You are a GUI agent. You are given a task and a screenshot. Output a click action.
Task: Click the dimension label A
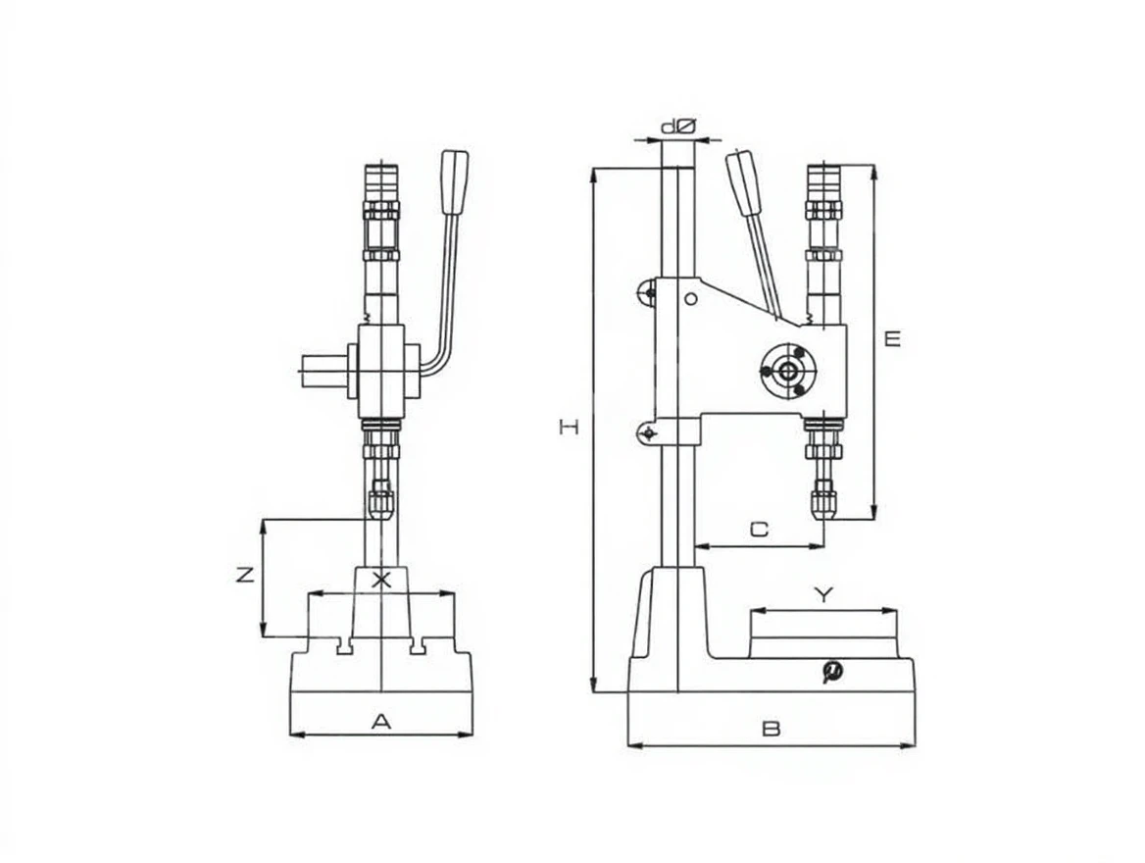tap(381, 722)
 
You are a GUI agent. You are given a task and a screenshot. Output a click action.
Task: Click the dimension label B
tap(772, 729)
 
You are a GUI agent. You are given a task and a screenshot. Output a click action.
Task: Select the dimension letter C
tap(760, 529)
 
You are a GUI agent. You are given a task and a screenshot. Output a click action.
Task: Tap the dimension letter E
tap(892, 338)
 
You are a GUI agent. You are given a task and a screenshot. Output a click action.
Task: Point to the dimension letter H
tap(569, 427)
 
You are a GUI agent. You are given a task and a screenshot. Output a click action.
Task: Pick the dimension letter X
tap(381, 581)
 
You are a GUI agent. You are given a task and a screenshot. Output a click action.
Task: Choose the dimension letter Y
tap(823, 595)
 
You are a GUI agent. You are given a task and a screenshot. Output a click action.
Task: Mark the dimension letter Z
tap(245, 575)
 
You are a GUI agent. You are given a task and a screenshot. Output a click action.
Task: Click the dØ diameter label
tap(678, 127)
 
